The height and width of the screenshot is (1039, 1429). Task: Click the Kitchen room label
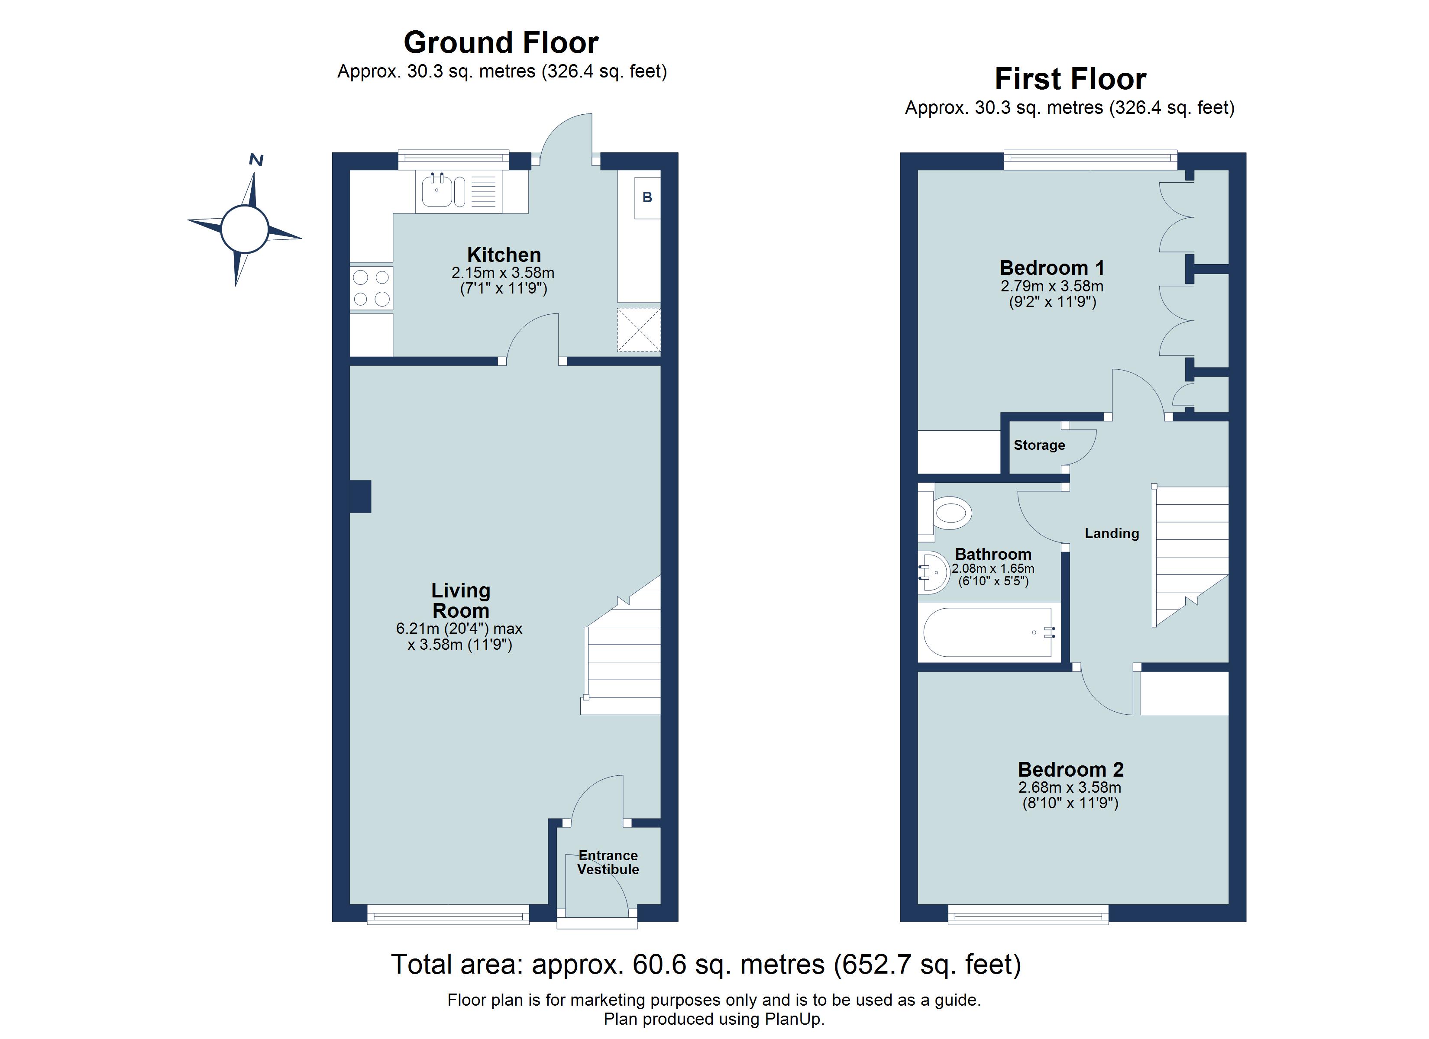click(x=504, y=255)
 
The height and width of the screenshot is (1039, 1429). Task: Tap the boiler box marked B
click(x=647, y=198)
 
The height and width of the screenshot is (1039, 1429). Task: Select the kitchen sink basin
click(x=436, y=191)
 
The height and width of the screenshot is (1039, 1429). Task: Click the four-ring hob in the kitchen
click(x=371, y=288)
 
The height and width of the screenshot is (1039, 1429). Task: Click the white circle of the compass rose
click(x=245, y=229)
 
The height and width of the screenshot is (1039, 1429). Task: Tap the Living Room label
click(x=461, y=600)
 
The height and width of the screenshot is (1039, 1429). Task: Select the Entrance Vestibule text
click(x=608, y=862)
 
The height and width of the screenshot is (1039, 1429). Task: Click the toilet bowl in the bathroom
click(x=950, y=513)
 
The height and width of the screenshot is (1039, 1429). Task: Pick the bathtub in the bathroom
click(x=988, y=632)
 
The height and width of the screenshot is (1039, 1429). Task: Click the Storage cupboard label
click(x=1039, y=445)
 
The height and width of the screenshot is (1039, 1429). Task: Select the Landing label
click(x=1112, y=534)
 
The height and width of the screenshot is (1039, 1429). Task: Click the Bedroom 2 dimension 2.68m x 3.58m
click(x=1070, y=787)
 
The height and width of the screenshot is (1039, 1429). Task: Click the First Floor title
click(x=1070, y=79)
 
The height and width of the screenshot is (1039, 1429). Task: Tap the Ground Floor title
click(x=501, y=43)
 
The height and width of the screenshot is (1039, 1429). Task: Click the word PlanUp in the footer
click(x=793, y=1019)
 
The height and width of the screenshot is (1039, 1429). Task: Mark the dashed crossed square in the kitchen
click(x=638, y=329)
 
